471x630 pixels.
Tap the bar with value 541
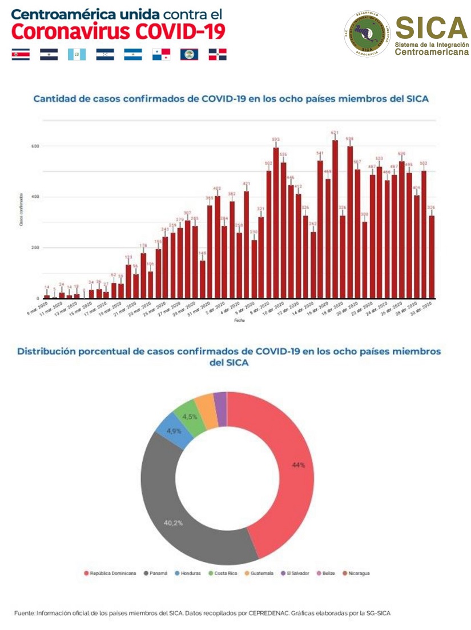click(320, 229)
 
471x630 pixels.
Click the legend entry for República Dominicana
click(112, 573)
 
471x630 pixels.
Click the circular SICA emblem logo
click(367, 34)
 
